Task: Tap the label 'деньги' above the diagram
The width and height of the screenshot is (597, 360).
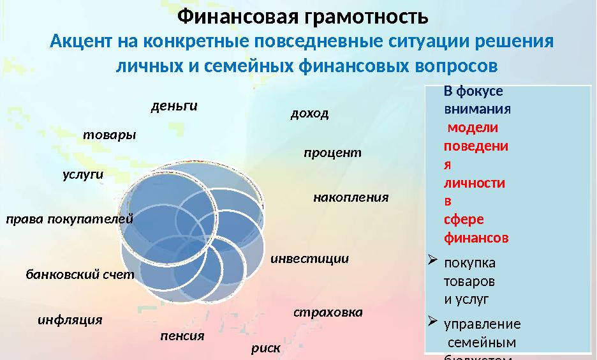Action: (174, 106)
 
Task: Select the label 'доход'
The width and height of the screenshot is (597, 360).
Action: (309, 114)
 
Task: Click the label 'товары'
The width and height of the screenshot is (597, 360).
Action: (110, 135)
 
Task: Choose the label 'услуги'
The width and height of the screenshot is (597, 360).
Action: (83, 175)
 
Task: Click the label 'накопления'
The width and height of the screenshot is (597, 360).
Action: (351, 197)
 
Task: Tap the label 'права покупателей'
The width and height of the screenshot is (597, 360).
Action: (70, 219)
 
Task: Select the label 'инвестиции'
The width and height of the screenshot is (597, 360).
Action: (310, 259)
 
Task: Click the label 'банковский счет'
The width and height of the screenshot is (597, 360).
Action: (80, 275)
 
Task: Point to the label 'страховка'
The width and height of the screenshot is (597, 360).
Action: (328, 313)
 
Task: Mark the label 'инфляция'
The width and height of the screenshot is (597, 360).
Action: (70, 320)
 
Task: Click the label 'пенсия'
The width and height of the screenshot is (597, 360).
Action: (182, 336)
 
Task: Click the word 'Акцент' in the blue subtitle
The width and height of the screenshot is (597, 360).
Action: (81, 42)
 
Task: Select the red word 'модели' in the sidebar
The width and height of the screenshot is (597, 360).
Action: (473, 127)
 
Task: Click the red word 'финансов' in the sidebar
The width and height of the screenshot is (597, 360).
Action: (476, 238)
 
